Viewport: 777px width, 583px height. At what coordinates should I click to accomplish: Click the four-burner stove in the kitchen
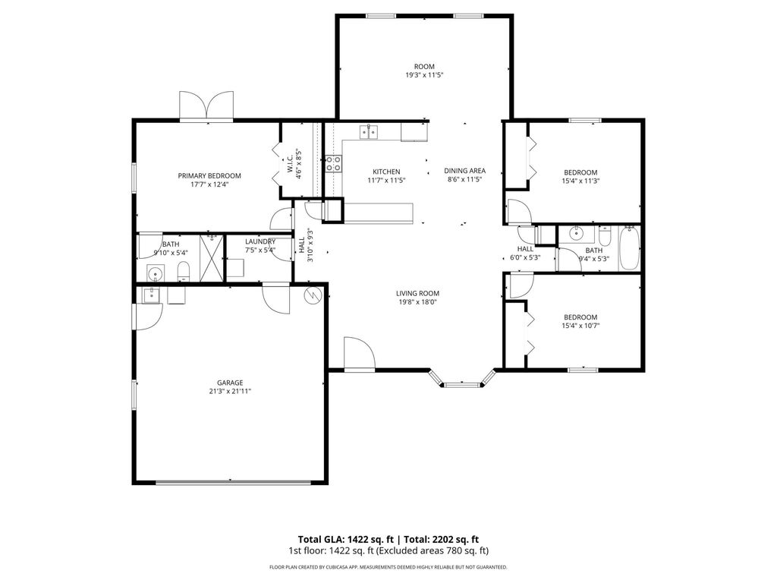pos(333,164)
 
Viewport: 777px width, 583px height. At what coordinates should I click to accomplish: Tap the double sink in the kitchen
pos(369,133)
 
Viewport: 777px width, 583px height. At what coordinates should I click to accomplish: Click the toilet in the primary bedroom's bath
pos(183,271)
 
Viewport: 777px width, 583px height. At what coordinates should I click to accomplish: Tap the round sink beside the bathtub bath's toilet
pos(576,234)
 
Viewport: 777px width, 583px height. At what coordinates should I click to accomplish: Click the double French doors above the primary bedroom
pos(206,106)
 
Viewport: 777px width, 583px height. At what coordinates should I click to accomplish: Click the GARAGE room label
pos(230,383)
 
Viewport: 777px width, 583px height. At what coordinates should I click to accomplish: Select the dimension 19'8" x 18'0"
pos(417,302)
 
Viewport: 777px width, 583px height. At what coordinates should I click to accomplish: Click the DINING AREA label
pos(464,171)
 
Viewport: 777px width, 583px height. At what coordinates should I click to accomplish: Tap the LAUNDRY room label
pos(260,241)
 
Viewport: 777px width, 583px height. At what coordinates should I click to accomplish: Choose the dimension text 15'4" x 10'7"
pos(580,326)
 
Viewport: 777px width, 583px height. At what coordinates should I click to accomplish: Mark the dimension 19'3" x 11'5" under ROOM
pos(424,75)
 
